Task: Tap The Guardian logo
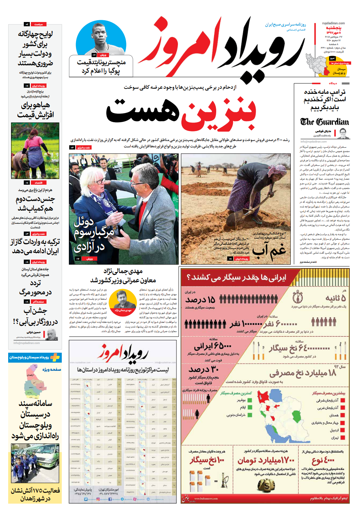(324, 122)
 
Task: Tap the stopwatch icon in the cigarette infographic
(298, 297)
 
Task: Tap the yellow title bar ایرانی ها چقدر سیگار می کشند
(236, 277)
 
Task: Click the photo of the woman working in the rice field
(35, 150)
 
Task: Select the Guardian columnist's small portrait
(343, 134)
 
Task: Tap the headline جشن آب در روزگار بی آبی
(36, 316)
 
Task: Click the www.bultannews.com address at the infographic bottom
(206, 499)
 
